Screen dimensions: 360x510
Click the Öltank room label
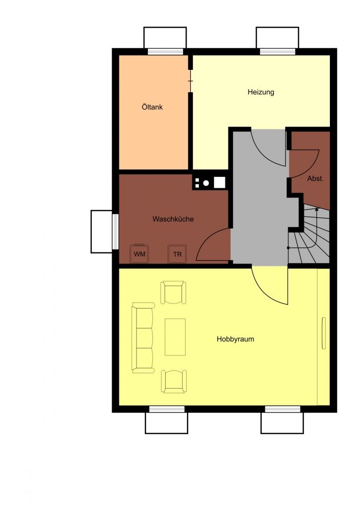click(152, 107)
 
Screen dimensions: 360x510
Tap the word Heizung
click(261, 92)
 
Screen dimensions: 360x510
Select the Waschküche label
click(173, 219)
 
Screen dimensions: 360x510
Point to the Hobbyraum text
click(235, 339)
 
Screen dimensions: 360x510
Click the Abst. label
click(315, 178)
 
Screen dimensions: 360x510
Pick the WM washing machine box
click(140, 253)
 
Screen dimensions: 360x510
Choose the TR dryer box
click(177, 253)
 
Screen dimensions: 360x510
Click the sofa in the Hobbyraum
click(143, 337)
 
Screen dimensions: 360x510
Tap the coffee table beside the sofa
click(175, 337)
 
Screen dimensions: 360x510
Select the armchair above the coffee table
click(174, 292)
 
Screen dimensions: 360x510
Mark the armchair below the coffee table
click(174, 381)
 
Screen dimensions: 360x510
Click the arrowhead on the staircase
click(317, 210)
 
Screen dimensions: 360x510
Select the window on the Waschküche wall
click(115, 231)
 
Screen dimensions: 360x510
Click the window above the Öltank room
click(165, 52)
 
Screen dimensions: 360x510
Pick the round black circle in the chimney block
click(206, 183)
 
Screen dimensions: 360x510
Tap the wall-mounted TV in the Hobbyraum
click(323, 333)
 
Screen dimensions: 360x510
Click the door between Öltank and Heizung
click(191, 81)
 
